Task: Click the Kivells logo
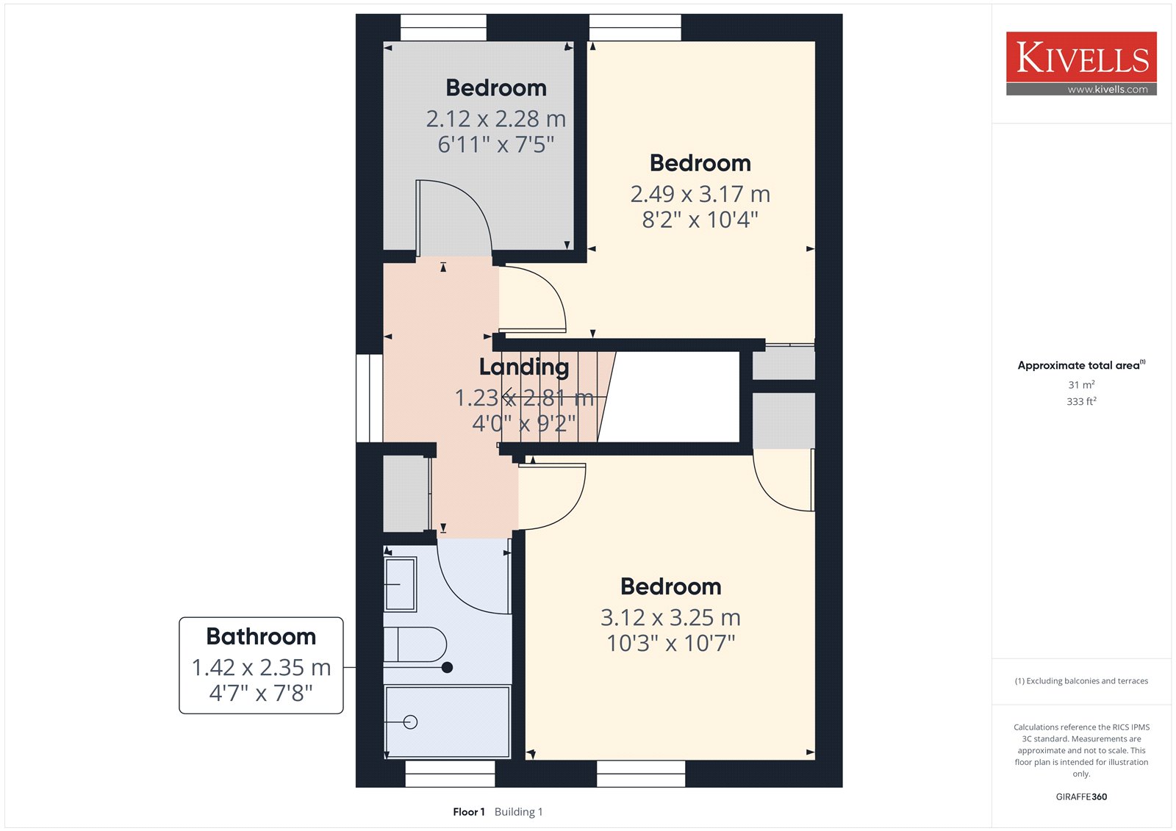1081,63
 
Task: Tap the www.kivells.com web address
1107,89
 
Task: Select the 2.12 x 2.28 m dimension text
496,119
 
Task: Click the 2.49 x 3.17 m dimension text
700,194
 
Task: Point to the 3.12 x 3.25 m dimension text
670,618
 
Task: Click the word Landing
524,367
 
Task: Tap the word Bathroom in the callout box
261,636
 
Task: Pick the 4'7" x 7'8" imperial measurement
261,693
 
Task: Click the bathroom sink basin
401,584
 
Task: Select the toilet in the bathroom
415,644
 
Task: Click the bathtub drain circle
411,722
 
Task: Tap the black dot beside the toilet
448,668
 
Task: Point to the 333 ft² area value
1081,402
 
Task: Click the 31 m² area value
1081,385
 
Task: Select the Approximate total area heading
1081,365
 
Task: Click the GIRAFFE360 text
1081,797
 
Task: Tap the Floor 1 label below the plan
469,812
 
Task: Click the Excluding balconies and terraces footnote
1081,681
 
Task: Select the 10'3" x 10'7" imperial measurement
670,643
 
